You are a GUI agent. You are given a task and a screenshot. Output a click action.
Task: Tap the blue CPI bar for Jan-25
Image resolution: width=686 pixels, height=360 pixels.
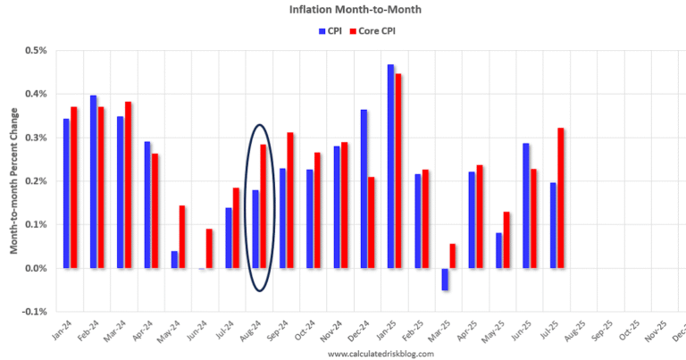coord(390,166)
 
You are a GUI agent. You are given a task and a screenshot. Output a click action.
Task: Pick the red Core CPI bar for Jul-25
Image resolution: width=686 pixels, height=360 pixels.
coord(561,197)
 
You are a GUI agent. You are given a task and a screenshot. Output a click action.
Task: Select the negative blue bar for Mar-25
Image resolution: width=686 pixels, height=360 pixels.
coord(445,279)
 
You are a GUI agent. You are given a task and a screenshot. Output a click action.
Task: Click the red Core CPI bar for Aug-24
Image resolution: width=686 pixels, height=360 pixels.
coord(264,205)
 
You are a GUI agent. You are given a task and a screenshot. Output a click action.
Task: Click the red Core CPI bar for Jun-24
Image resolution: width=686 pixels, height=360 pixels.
coord(209,248)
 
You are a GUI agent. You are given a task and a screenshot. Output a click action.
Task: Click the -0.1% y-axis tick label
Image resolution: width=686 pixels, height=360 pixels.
coord(33,312)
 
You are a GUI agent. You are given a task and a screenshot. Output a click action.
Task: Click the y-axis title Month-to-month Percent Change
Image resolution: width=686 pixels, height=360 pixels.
coord(13,180)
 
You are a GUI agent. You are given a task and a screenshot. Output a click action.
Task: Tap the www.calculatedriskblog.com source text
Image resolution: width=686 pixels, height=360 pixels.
coord(381,354)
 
